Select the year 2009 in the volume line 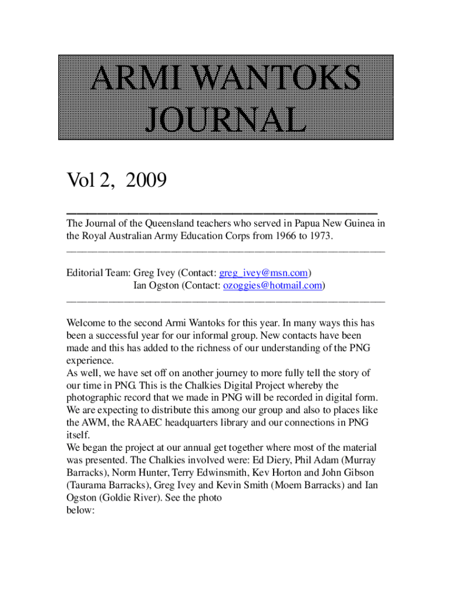(140, 181)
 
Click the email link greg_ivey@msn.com (264, 273)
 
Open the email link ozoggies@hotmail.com (272, 286)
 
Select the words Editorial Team (98, 273)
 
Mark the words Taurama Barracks (106, 485)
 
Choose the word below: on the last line (80, 510)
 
